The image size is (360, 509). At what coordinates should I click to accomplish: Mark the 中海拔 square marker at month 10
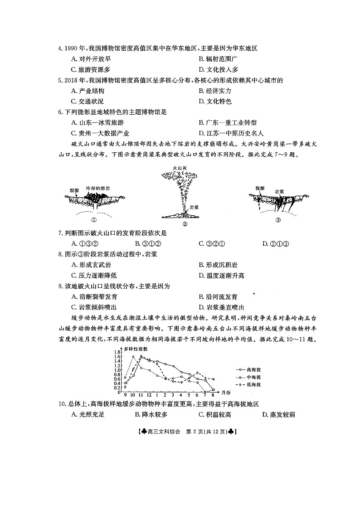133,357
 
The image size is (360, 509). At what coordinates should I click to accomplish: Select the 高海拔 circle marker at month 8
213,389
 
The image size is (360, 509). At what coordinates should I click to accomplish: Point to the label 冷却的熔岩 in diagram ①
97,188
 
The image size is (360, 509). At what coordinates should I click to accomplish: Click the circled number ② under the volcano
185,223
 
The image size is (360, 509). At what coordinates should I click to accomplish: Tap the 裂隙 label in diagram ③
260,188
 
